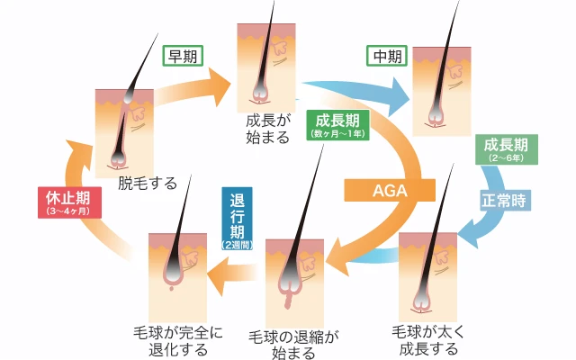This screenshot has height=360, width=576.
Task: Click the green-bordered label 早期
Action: pos(183,55)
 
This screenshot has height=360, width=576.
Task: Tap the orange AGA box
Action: pos(390,190)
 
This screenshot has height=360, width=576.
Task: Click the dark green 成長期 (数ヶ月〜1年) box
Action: pos(336,125)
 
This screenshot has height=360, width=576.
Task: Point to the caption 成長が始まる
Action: pos(267,128)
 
